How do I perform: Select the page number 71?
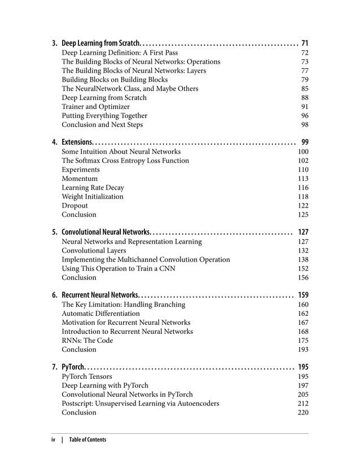click(x=305, y=43)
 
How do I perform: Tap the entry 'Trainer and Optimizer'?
click(x=95, y=107)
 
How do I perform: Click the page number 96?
click(x=305, y=116)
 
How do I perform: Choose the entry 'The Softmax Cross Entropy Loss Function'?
click(x=125, y=161)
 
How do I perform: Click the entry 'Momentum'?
click(x=80, y=179)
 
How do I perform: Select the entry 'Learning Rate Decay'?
click(x=93, y=188)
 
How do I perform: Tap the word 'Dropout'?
click(x=74, y=206)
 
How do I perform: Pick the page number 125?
click(x=303, y=215)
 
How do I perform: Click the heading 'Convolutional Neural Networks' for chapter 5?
click(x=106, y=232)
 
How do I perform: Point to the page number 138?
click(x=303, y=259)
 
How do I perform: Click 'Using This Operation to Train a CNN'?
click(x=118, y=268)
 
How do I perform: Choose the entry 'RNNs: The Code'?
click(x=87, y=341)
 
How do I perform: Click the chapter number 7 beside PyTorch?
click(x=54, y=367)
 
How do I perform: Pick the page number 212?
click(x=303, y=403)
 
